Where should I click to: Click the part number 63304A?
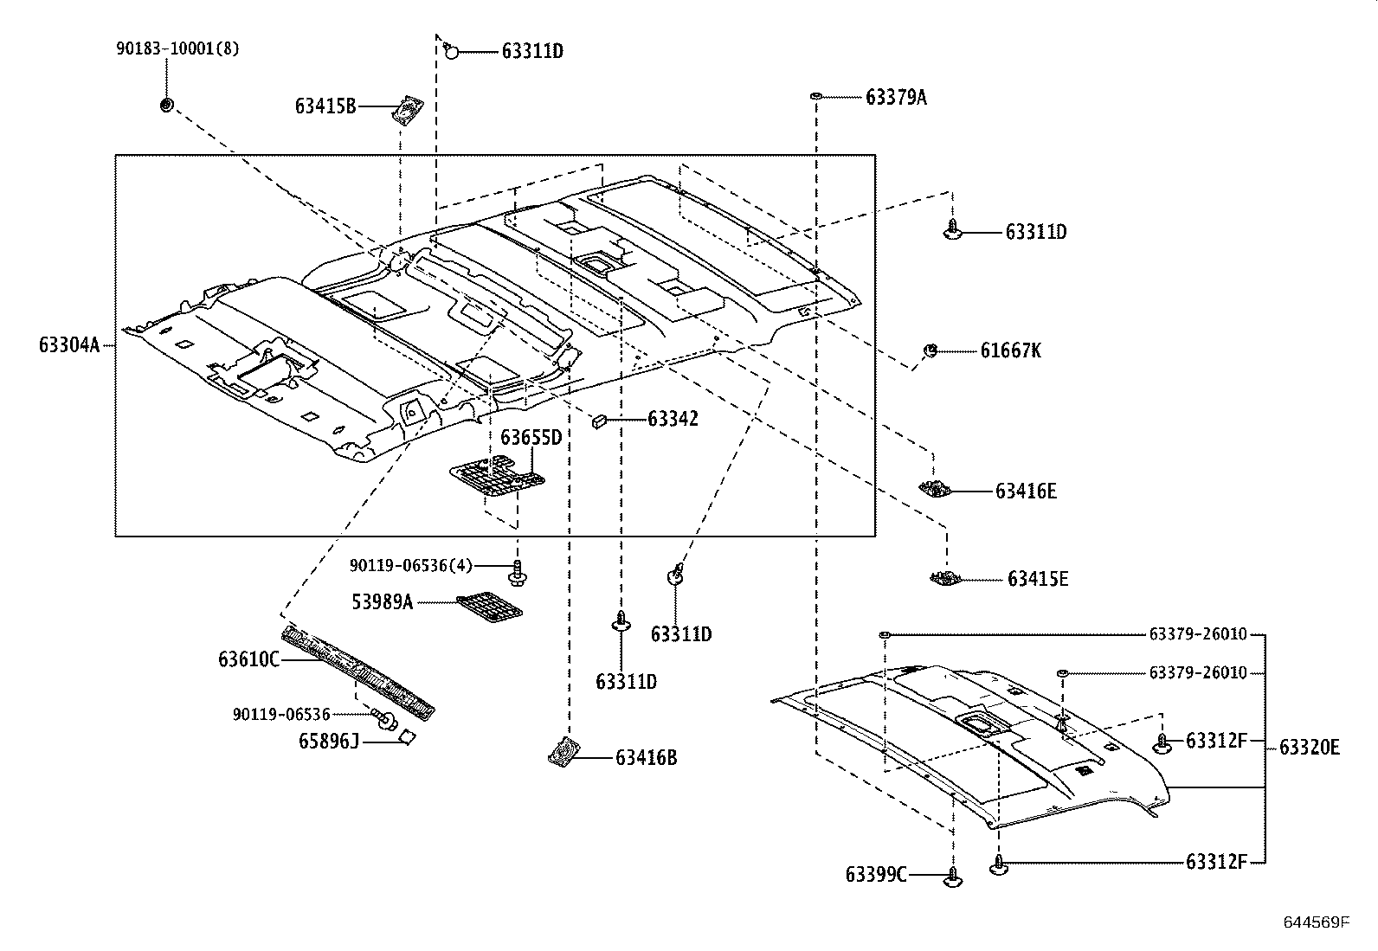click(69, 345)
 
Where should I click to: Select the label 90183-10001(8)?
click(177, 49)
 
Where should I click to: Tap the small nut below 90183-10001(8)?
click(166, 105)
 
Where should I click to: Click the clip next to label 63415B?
click(408, 111)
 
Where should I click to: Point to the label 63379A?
click(896, 97)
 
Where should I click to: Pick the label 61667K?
click(1011, 350)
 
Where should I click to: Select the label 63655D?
click(531, 438)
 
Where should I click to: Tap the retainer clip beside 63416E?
click(935, 489)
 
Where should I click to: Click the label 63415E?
click(1037, 578)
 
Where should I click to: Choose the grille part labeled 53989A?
click(490, 607)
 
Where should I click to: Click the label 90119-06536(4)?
click(411, 566)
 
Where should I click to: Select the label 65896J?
click(328, 742)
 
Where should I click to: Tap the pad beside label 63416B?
click(563, 752)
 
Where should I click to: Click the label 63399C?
click(876, 875)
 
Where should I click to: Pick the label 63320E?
click(1309, 747)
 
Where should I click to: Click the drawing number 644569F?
click(1317, 922)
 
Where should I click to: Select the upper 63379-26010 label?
click(1198, 634)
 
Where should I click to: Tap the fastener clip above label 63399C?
click(953, 877)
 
